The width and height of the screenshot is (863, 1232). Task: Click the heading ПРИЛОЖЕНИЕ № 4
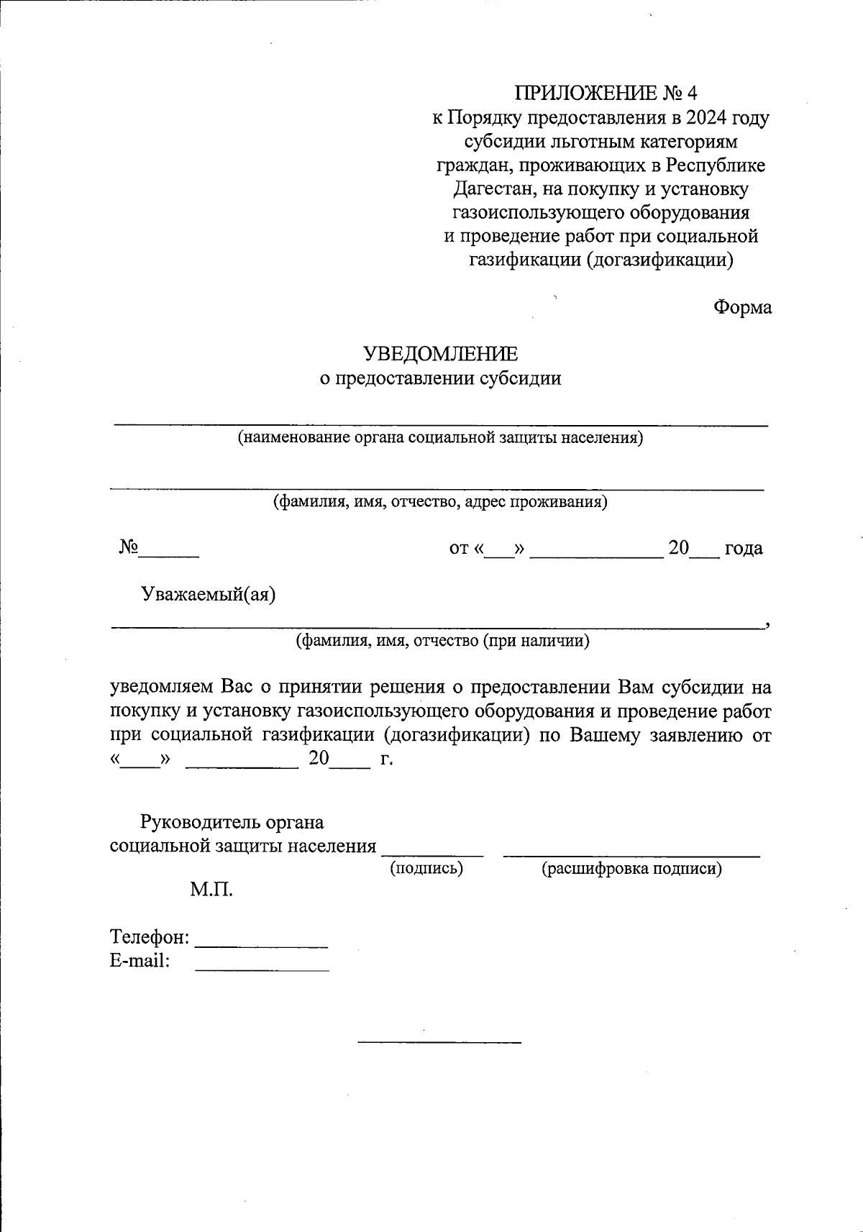click(606, 93)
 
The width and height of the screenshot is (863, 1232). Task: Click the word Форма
click(742, 307)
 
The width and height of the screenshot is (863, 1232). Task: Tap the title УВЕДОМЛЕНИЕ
click(440, 354)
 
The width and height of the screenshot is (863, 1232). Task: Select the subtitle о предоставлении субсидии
click(440, 378)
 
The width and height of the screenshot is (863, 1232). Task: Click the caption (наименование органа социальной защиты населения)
click(440, 437)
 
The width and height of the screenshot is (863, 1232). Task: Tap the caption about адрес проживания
click(439, 501)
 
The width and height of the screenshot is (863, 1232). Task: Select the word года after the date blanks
click(743, 548)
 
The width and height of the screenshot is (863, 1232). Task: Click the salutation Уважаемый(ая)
click(209, 595)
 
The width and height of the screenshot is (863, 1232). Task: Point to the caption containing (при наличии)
click(443, 640)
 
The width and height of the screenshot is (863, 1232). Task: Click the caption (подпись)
click(426, 869)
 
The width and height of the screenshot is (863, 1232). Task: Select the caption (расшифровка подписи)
click(631, 869)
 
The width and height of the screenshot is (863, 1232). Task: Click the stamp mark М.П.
click(211, 890)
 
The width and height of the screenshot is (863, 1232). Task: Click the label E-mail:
click(140, 961)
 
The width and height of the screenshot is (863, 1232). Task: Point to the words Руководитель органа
click(232, 822)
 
